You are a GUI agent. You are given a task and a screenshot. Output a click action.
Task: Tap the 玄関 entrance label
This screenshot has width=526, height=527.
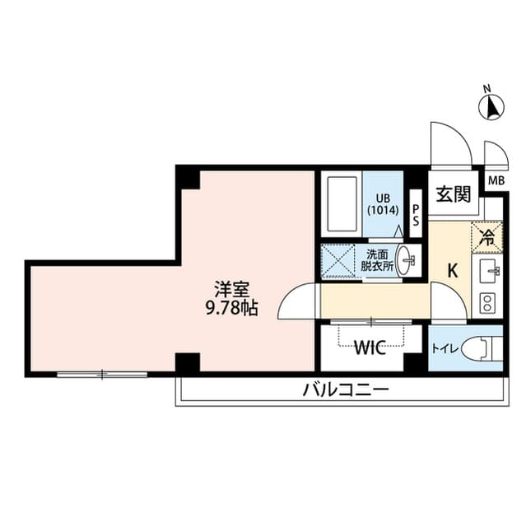453,195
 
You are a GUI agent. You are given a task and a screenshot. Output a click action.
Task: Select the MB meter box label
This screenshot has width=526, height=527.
496,181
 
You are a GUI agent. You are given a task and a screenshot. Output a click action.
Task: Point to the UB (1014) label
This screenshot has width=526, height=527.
383,203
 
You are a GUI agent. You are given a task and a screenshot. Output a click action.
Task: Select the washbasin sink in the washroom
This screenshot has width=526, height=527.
407,260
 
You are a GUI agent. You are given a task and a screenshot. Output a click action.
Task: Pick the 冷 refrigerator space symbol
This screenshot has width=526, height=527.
486,238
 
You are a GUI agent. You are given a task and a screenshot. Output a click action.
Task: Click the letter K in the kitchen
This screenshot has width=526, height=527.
452,269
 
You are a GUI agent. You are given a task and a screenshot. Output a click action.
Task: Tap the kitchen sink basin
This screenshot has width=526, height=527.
489,269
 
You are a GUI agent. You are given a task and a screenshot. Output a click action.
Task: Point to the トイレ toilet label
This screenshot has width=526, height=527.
445,348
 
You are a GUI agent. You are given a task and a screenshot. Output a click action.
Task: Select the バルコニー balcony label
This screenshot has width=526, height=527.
345,389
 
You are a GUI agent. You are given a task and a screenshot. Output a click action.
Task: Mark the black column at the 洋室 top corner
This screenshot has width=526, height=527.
189,177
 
